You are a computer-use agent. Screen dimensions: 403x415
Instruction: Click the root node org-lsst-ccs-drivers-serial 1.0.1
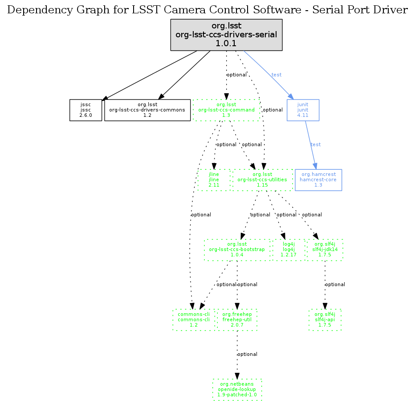tap(226, 35)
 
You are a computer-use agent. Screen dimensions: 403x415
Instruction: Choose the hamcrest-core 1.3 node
tap(318, 180)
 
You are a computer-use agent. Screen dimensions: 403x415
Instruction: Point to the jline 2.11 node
tap(214, 180)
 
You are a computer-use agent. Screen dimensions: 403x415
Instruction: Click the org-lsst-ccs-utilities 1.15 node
tap(262, 180)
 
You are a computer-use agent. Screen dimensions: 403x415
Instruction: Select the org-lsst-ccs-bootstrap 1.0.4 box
tap(237, 250)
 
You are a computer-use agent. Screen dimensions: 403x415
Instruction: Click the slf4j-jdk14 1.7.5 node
tap(325, 250)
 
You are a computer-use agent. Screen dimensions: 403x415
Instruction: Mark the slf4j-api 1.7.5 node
tap(325, 320)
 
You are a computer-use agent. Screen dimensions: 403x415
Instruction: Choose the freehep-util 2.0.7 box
tap(237, 320)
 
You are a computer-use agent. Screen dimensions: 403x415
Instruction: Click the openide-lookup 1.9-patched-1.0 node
tap(237, 390)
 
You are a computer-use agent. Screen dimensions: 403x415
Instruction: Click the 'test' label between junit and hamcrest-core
tap(315, 145)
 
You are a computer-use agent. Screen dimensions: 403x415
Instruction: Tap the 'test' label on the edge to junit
tap(277, 75)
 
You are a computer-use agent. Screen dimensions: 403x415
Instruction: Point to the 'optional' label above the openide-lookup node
tap(247, 355)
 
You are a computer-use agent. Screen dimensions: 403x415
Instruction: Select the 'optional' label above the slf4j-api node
tap(335, 284)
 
